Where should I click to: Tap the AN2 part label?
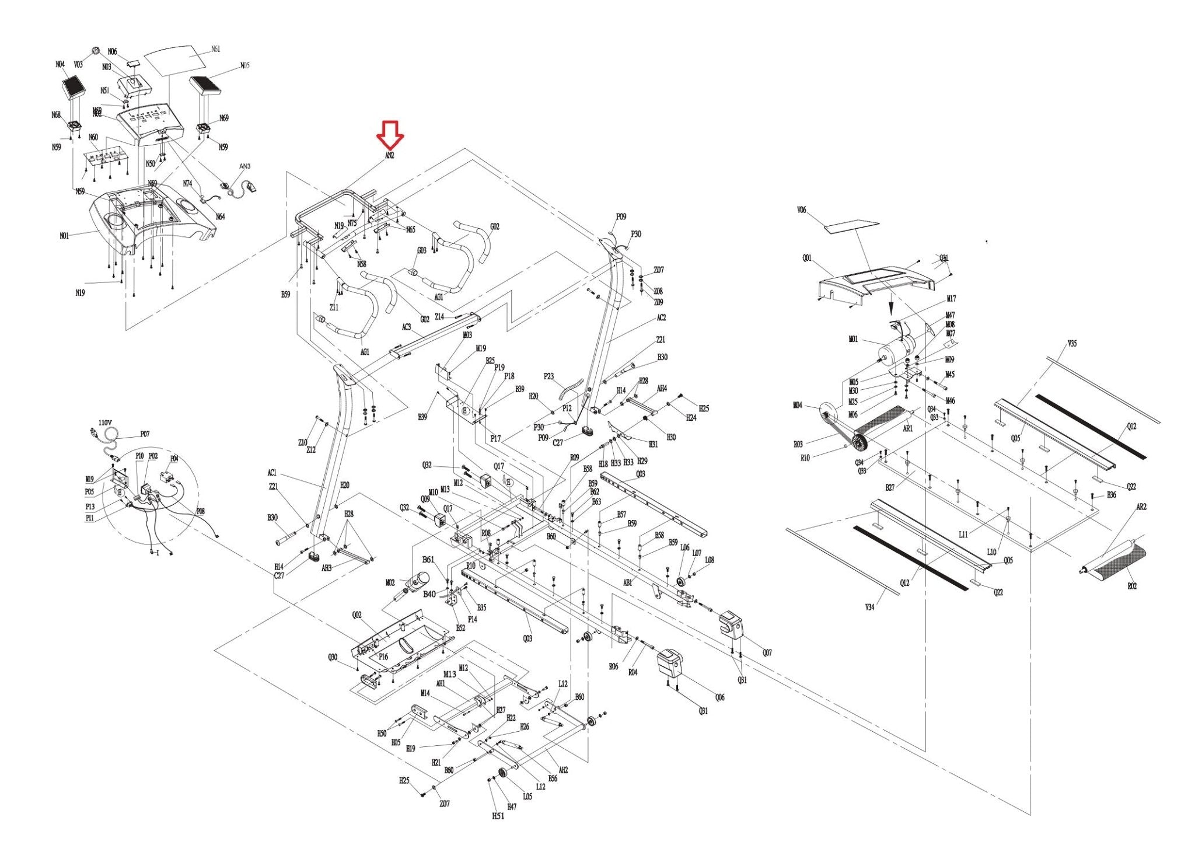[389, 156]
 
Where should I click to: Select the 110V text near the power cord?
[105, 423]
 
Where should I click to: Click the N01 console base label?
[64, 236]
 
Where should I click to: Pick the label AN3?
[244, 166]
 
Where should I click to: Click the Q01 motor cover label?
[807, 258]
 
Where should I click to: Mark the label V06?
[801, 210]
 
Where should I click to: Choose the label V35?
[1072, 344]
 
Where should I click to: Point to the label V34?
[869, 607]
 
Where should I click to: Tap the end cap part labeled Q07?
[730, 623]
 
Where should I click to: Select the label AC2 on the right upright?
[661, 318]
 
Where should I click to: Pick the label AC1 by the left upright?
[272, 473]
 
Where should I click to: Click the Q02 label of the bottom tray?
[357, 614]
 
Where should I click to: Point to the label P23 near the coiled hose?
[548, 376]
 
